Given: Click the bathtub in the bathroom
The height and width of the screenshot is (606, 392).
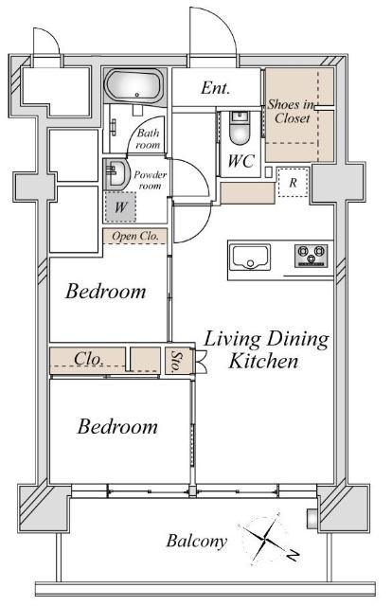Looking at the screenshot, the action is click(134, 86).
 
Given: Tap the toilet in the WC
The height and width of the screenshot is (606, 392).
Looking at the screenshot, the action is click(240, 128).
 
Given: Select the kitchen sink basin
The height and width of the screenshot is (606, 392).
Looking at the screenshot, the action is click(250, 257).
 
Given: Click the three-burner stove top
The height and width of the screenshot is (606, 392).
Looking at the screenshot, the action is click(312, 255).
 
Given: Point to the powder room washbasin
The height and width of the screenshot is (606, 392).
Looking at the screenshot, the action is click(116, 174).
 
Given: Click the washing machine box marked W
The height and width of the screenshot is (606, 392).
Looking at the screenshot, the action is click(120, 206).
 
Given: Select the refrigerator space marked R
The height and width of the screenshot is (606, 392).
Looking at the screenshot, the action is click(293, 183).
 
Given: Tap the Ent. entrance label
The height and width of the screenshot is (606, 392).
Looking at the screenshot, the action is click(215, 88).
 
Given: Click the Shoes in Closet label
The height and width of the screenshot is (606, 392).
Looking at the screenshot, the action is click(292, 112).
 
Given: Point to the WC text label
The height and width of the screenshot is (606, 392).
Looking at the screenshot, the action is click(241, 161).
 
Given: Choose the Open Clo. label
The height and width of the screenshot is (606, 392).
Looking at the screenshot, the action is click(135, 236).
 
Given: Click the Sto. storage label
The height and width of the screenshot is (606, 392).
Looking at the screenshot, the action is click(177, 362).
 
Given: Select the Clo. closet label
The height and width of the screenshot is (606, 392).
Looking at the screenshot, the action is click(88, 359).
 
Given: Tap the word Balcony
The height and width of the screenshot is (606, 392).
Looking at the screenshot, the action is click(196, 541).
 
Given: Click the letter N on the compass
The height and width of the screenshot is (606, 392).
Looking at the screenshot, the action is click(294, 556).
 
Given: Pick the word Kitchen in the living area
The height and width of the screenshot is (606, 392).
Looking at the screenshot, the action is click(263, 361).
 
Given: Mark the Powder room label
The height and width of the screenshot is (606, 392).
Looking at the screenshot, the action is click(150, 180).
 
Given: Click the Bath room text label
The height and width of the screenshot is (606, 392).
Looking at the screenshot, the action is click(148, 139).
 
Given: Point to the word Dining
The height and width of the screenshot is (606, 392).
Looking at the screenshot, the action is click(297, 339).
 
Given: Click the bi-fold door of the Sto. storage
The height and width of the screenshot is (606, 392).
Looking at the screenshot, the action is click(201, 362).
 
